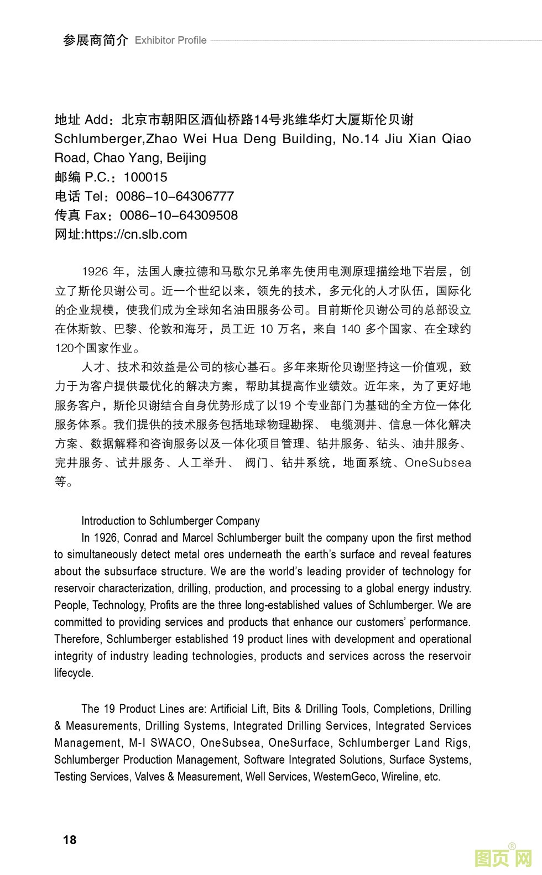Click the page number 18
[70, 840]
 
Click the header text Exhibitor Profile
[170, 40]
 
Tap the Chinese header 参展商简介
[95, 40]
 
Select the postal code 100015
[145, 177]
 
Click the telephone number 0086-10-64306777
[175, 196]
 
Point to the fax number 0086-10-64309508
[179, 216]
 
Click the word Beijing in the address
[186, 158]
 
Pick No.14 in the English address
[361, 139]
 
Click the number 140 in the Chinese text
[351, 329]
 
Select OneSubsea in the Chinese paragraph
[437, 463]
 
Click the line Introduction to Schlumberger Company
[170, 521]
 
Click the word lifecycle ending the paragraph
[74, 673]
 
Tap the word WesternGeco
[345, 777]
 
